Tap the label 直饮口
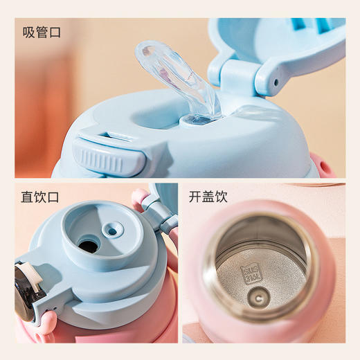(41, 197)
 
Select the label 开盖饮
(207, 197)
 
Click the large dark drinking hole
(88, 244)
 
